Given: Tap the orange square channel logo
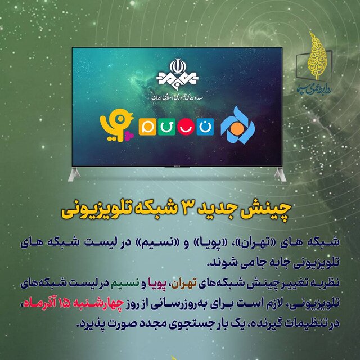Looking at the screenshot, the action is click(147, 127).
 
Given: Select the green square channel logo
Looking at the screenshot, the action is click(166, 127).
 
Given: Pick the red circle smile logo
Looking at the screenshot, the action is click(186, 127).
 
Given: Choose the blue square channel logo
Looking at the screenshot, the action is click(205, 127).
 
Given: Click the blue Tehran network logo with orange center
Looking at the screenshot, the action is click(238, 125).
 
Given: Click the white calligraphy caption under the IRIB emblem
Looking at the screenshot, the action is click(177, 97).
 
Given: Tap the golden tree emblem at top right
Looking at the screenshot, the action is click(317, 56).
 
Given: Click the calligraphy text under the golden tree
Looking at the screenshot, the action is click(315, 89).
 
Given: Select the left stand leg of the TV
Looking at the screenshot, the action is click(74, 174).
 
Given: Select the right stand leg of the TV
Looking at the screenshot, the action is click(280, 174).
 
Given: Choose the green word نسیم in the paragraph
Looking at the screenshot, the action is click(125, 283).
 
